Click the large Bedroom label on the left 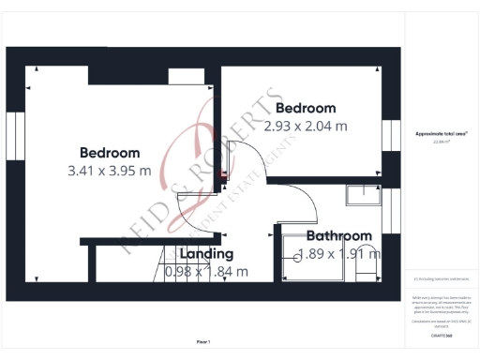click(x=110, y=153)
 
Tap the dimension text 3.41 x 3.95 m click(x=110, y=172)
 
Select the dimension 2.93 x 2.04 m click(x=306, y=127)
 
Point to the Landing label click(x=206, y=253)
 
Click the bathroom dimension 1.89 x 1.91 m click(x=336, y=253)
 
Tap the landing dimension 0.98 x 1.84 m click(x=206, y=272)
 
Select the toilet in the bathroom click(x=367, y=263)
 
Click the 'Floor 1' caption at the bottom click(x=203, y=341)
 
